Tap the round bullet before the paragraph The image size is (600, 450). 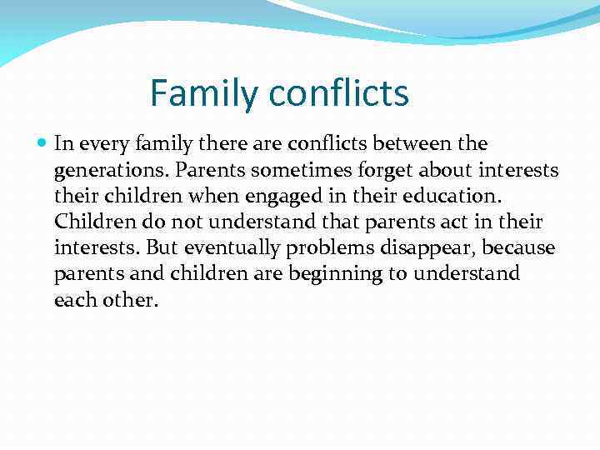43,144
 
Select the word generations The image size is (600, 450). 105,171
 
